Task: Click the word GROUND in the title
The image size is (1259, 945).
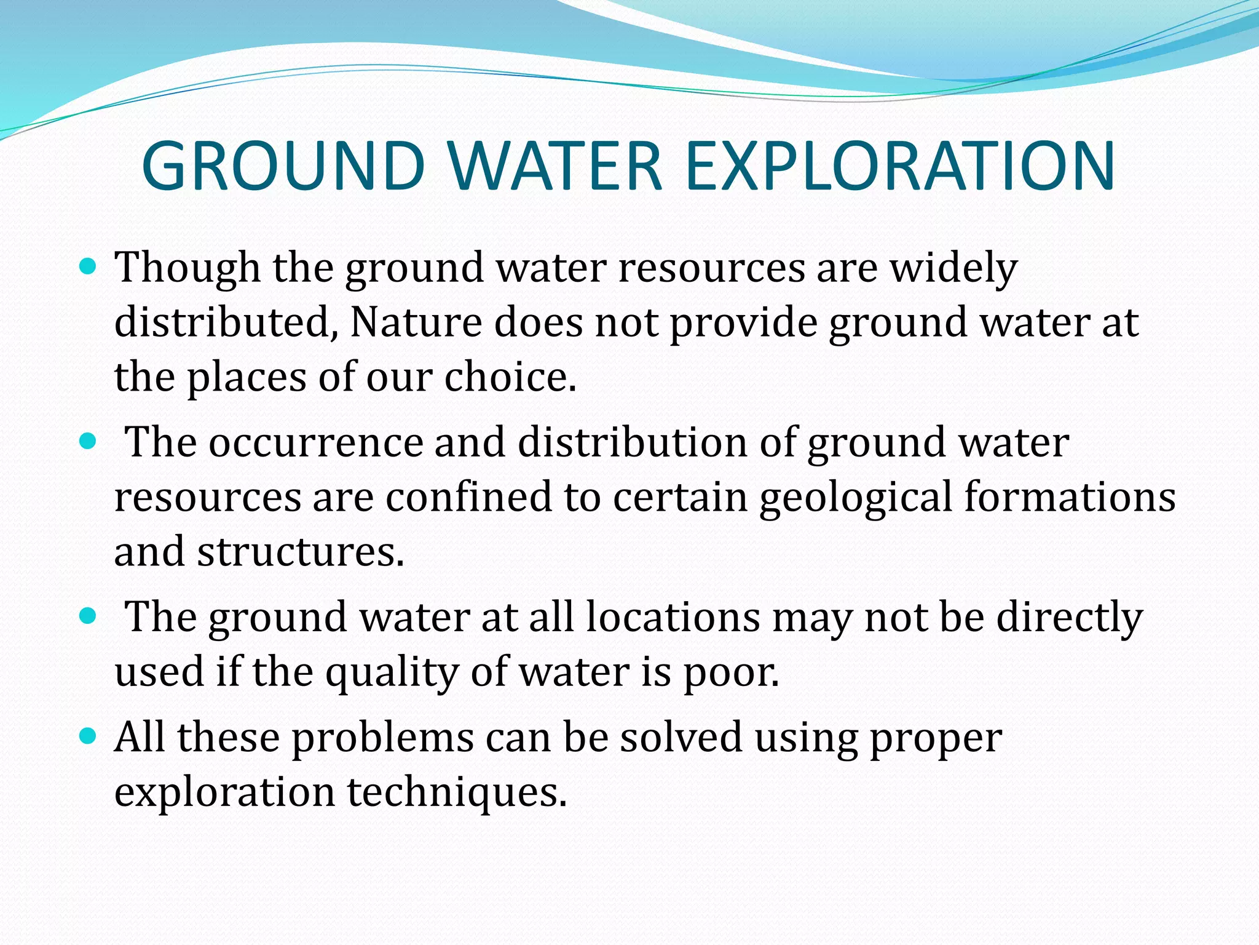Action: [283, 166]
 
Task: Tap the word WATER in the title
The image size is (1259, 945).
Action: [555, 166]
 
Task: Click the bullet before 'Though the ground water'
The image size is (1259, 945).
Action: [89, 266]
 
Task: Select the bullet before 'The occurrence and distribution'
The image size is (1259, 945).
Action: [89, 441]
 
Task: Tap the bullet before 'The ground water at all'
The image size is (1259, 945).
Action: [89, 615]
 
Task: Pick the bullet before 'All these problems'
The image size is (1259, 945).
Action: [89, 735]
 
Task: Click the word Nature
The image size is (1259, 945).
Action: [416, 322]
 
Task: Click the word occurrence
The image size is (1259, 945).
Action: [316, 442]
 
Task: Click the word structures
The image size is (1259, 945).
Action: [301, 551]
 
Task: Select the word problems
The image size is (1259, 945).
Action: [383, 738]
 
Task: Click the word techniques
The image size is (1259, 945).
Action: [457, 792]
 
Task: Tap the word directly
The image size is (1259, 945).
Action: [1069, 618]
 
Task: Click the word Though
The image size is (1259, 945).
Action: [188, 269]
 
